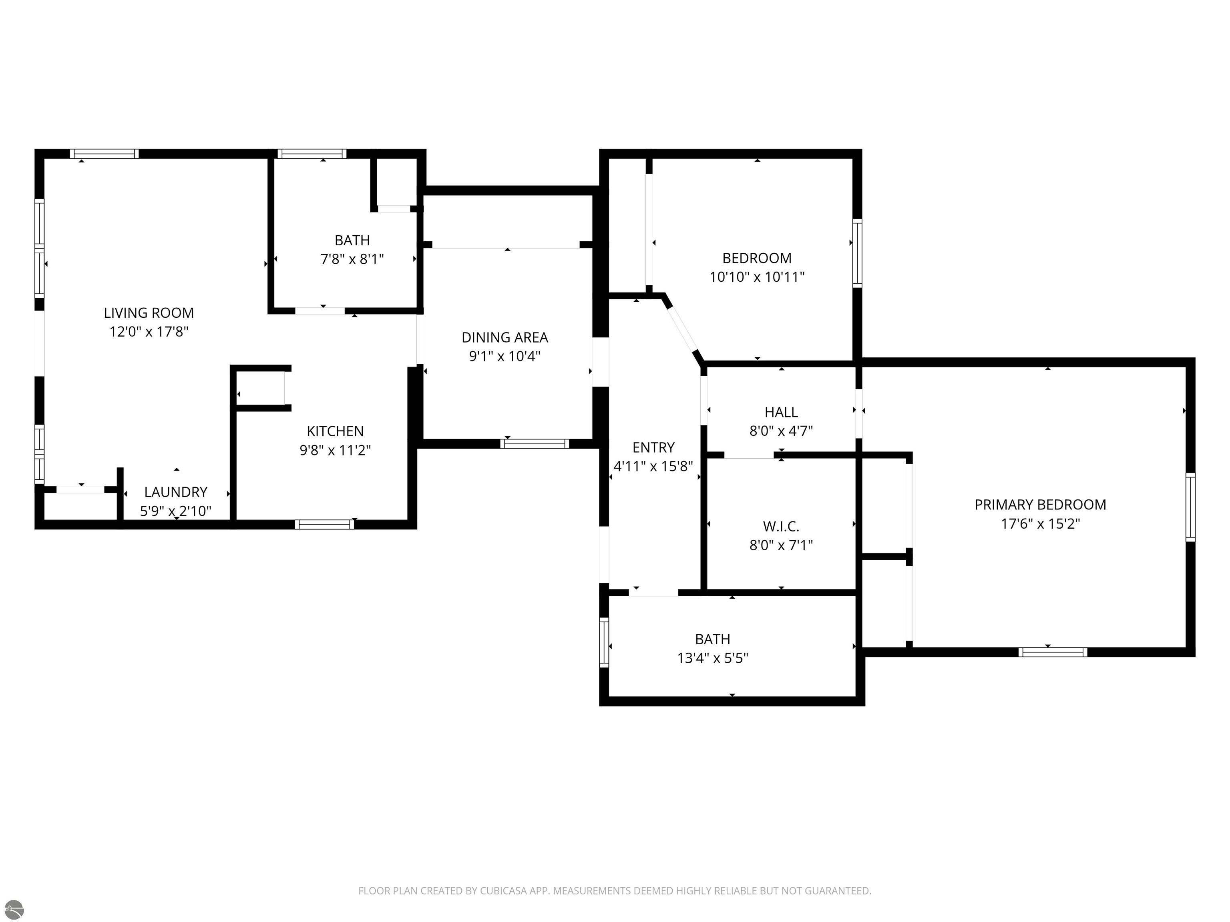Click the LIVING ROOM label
point(149,313)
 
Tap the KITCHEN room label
point(335,431)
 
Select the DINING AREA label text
point(505,337)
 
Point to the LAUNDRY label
point(176,492)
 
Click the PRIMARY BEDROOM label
point(1040,505)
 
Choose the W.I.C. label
point(781,526)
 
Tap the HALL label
point(781,412)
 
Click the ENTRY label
point(653,447)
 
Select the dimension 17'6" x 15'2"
point(1040,523)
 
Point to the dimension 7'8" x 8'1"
point(352,259)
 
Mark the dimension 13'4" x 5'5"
point(712,658)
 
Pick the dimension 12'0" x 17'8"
point(149,332)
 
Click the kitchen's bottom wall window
point(324,524)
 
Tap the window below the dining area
point(535,443)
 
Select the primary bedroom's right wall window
point(1190,507)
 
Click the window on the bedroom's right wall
point(858,253)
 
